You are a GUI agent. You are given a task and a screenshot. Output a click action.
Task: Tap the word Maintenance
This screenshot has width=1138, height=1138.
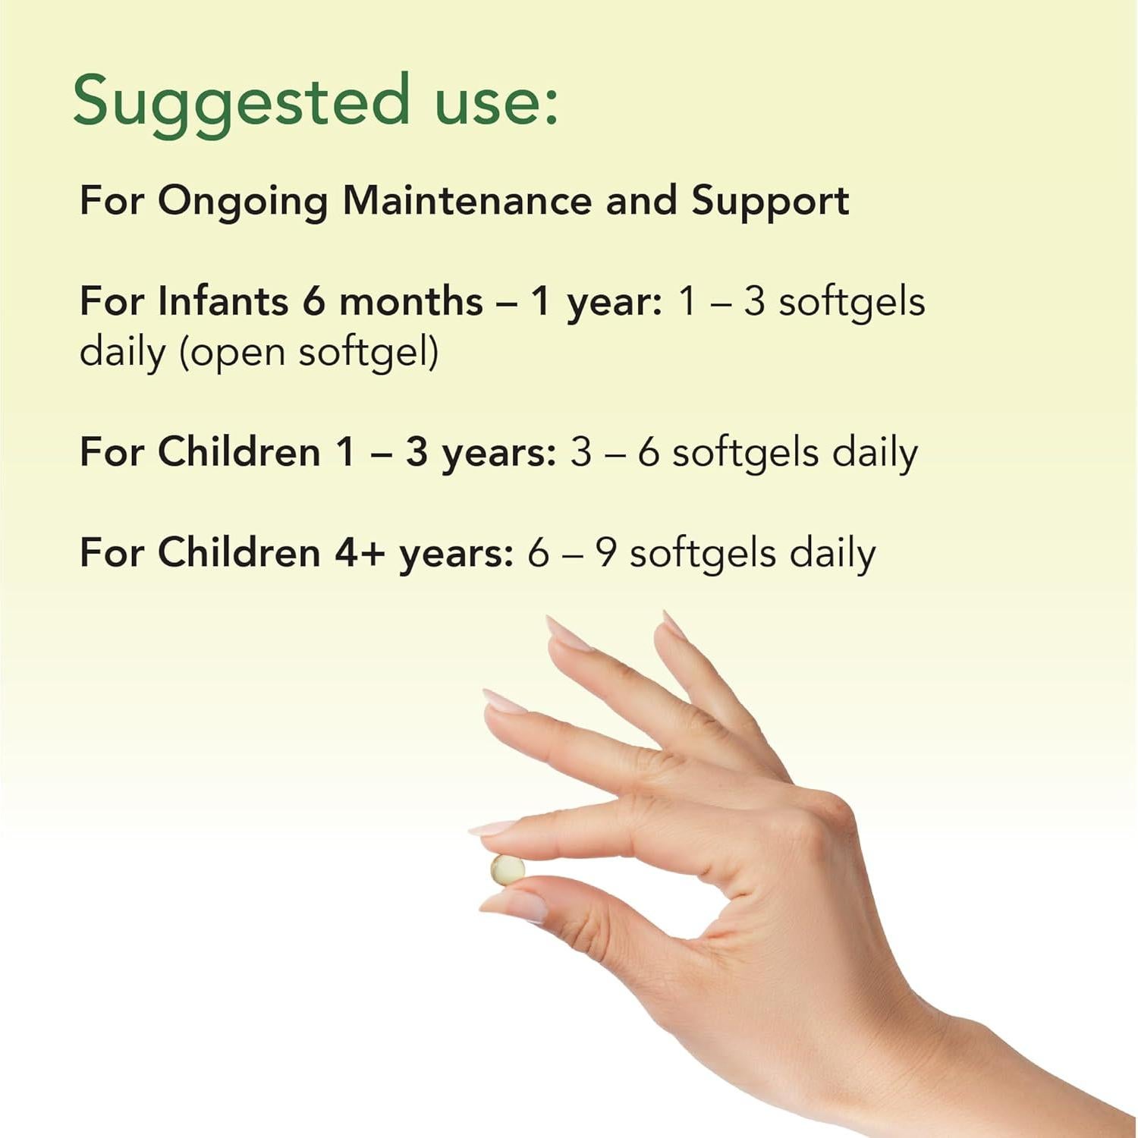[x=467, y=201]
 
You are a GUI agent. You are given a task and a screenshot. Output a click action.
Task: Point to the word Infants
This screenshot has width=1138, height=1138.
[x=223, y=301]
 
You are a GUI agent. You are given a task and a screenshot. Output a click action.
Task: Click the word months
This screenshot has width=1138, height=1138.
[x=410, y=301]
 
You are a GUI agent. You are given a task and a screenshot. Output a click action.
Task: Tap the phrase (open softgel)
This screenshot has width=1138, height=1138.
[x=309, y=353]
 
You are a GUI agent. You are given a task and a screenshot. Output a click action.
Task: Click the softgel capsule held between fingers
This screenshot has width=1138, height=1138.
[x=507, y=869]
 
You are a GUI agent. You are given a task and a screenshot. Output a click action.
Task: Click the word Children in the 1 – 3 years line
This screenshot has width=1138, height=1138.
[x=239, y=453]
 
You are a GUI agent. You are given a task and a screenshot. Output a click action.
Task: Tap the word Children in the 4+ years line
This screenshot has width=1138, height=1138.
[x=239, y=553]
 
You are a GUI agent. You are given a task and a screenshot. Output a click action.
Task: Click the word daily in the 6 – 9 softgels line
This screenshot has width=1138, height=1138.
[x=832, y=553]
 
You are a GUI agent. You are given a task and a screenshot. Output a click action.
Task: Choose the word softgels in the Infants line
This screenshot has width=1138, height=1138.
[x=851, y=301]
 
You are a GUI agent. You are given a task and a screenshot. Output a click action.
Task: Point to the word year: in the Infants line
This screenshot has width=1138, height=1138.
[x=615, y=303]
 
